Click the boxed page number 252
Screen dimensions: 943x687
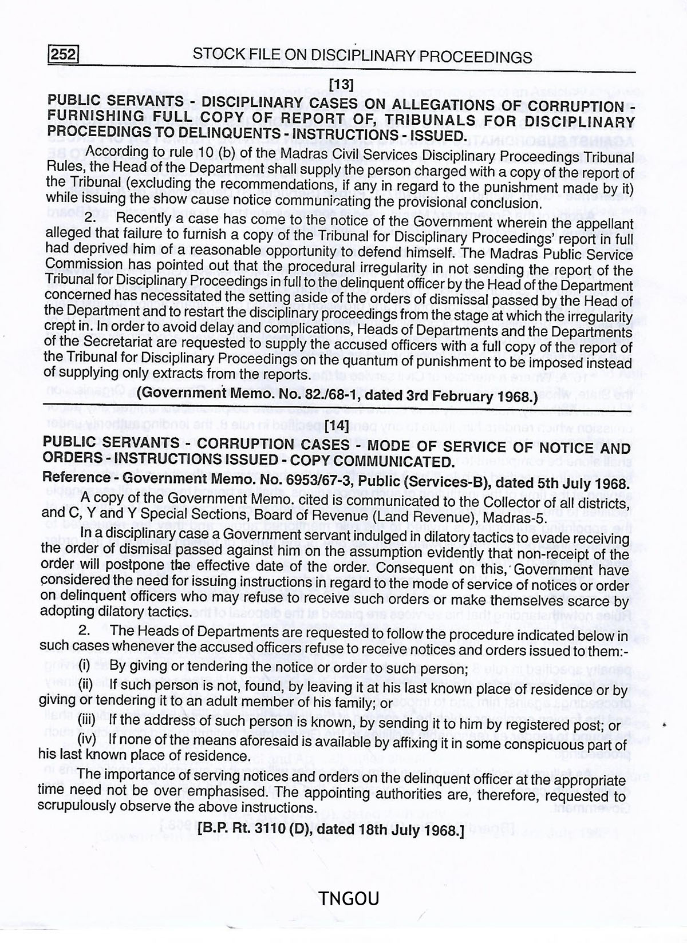point(62,55)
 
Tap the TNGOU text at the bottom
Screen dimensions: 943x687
point(349,899)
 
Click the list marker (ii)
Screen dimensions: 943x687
point(85,685)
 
